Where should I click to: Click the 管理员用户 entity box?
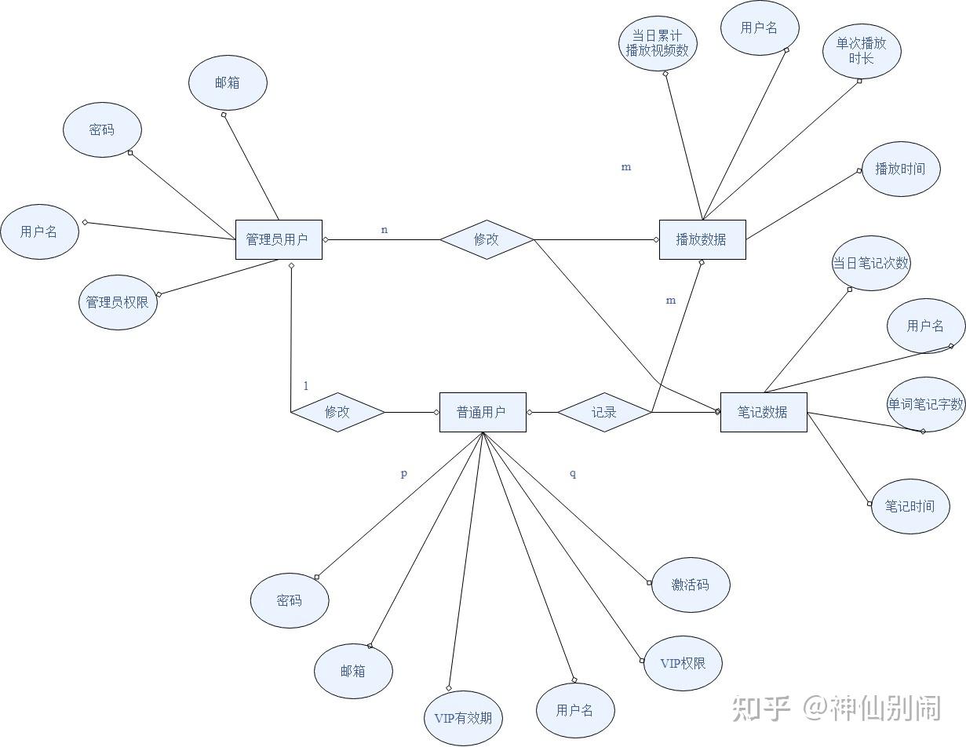[279, 239]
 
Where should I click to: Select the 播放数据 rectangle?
[702, 239]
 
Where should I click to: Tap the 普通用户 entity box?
[482, 412]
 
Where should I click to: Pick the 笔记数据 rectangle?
[763, 412]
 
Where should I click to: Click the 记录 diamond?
[604, 412]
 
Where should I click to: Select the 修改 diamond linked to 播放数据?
[487, 239]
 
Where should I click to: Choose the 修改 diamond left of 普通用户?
[337, 412]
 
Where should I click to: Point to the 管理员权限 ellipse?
[118, 302]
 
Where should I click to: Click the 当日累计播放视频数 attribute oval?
[658, 43]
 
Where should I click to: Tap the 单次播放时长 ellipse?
[862, 51]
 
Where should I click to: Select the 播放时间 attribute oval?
[901, 169]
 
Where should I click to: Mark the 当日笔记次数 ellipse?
[870, 264]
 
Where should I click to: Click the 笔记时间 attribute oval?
[910, 506]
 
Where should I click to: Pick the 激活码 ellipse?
[691, 585]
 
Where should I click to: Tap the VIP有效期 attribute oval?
[463, 717]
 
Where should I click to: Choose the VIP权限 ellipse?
[683, 663]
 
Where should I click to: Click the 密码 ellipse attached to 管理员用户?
[102, 129]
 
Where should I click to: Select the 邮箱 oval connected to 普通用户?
[353, 671]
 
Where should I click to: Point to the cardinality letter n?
[385, 230]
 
